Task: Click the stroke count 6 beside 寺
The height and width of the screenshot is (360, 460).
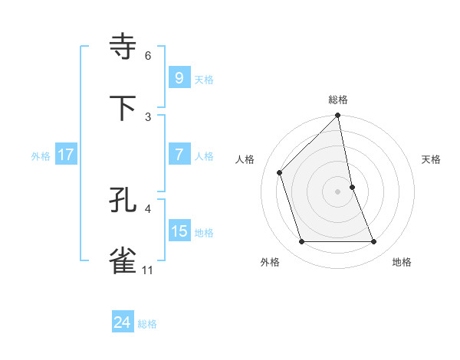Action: (148, 56)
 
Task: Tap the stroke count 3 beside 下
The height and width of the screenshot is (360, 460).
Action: (148, 116)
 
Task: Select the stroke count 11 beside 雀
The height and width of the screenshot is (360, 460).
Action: (148, 270)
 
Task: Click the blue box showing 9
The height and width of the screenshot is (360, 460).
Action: (179, 78)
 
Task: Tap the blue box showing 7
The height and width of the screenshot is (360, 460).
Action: (179, 155)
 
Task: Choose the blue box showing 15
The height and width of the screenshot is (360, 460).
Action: (179, 231)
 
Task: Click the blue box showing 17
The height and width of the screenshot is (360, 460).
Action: (66, 155)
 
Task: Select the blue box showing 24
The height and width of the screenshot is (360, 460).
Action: (122, 323)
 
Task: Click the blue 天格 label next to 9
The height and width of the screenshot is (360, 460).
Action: (204, 80)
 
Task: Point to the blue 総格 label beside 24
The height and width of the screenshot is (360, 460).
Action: (147, 325)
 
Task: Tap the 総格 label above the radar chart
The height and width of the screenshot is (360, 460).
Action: (338, 100)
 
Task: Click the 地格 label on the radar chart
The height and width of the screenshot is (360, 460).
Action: (402, 263)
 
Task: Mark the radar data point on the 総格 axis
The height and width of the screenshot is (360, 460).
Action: (338, 116)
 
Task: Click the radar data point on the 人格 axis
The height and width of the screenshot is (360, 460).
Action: (280, 172)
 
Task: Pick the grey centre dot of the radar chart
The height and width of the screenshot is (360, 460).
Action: (338, 191)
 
